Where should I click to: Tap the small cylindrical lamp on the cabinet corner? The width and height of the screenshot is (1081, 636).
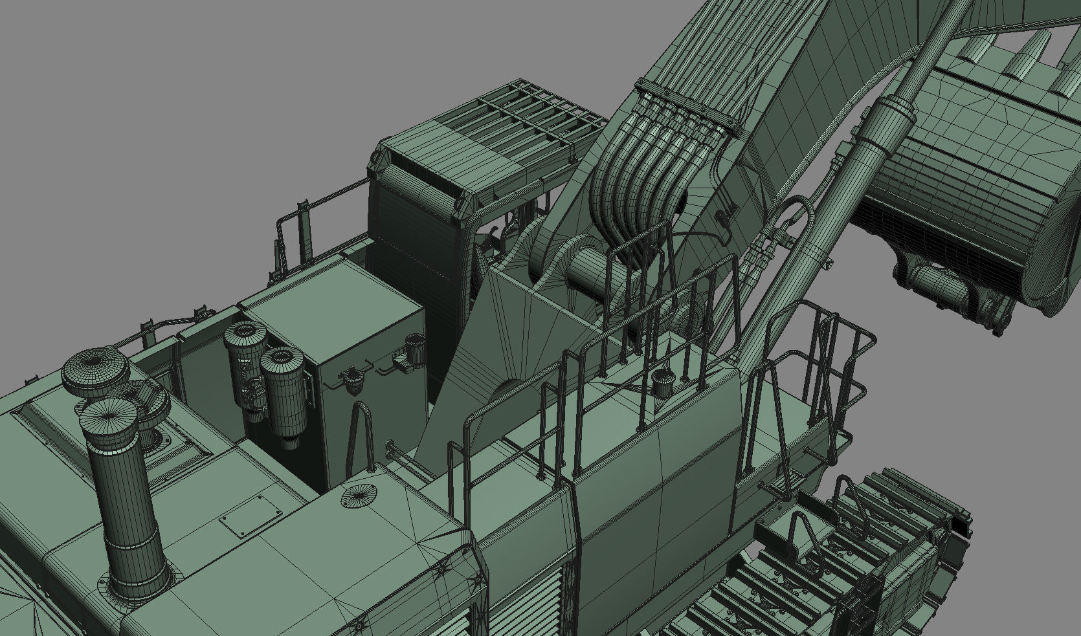(414, 347)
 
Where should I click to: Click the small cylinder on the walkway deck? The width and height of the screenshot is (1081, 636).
(662, 382)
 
